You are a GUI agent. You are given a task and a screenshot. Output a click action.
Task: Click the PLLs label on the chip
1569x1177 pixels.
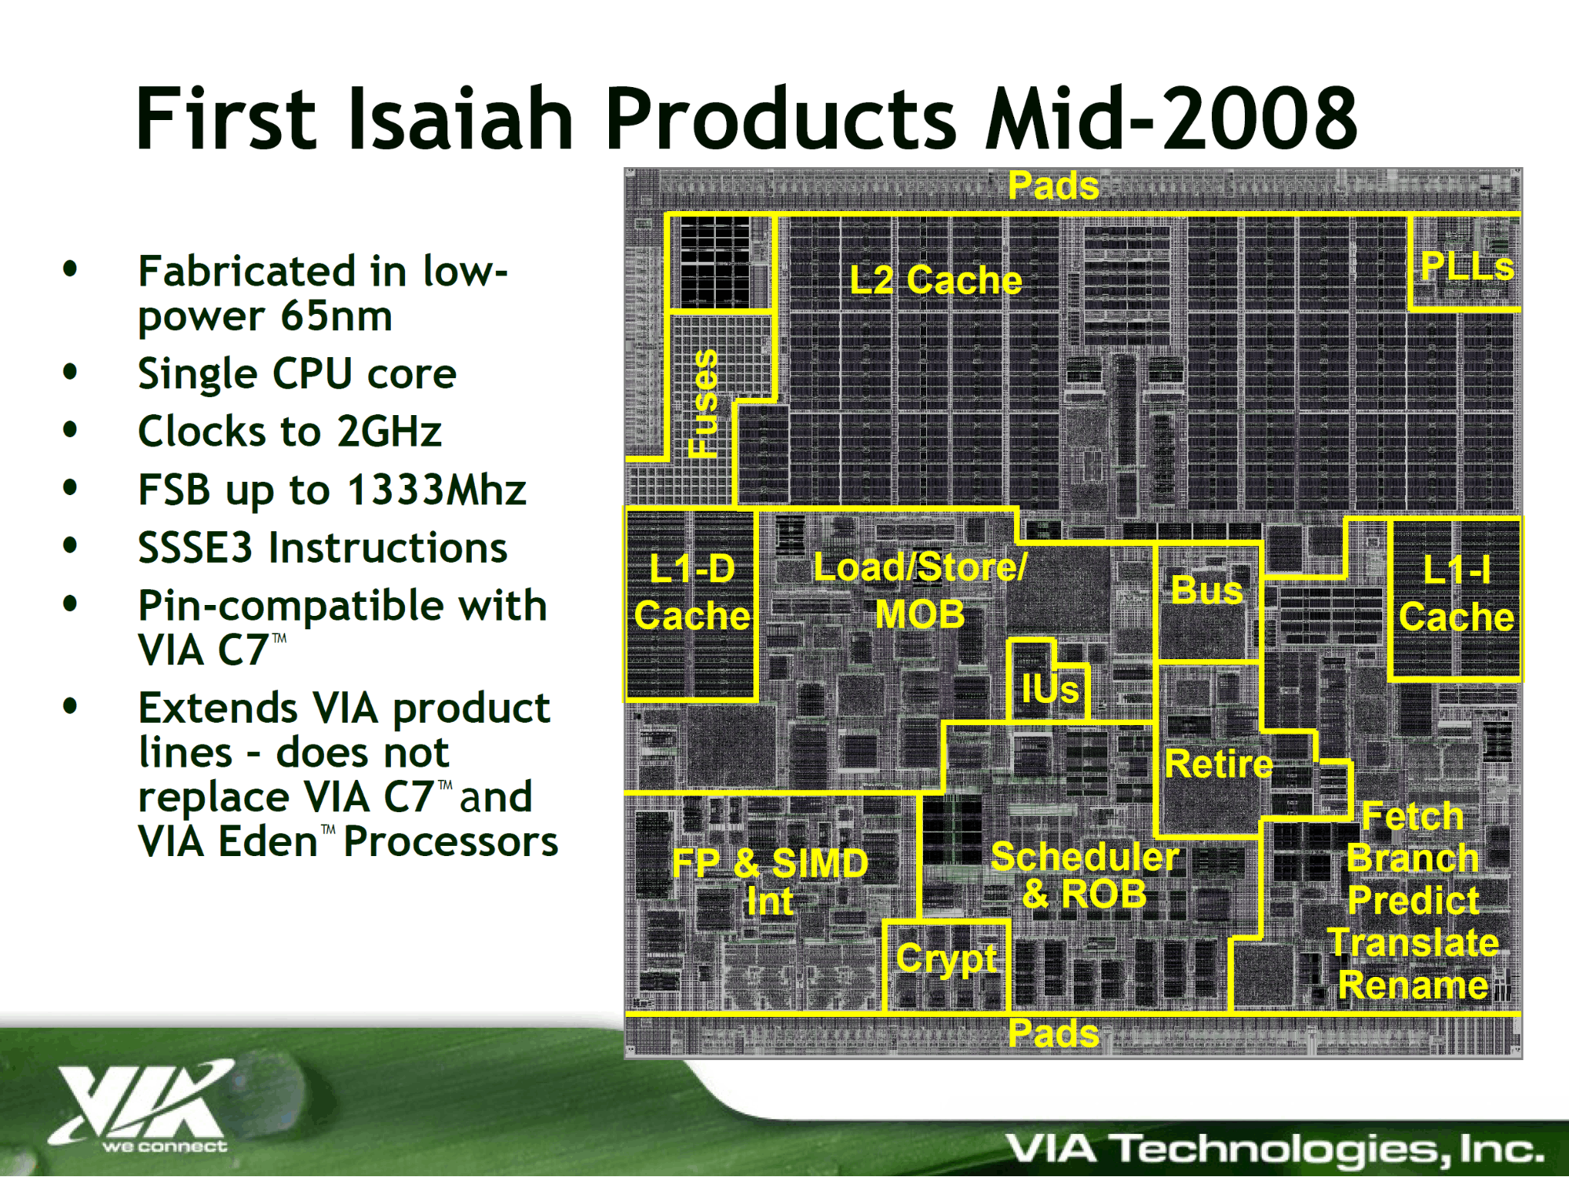[x=1466, y=266]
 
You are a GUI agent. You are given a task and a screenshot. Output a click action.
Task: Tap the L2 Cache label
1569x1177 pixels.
[x=936, y=280]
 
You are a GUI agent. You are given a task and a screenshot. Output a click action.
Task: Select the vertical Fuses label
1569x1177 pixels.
[x=703, y=403]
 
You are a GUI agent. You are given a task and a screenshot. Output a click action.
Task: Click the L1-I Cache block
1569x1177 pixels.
[x=1455, y=599]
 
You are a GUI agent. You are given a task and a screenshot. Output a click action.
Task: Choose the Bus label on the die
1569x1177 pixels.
[x=1206, y=590]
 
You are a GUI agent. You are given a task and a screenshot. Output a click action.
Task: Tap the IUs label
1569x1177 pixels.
[x=1049, y=689]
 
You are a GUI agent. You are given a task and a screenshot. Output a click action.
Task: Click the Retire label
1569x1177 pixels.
[x=1218, y=763]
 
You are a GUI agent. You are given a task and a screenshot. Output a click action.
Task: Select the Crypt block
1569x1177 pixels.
[x=946, y=966]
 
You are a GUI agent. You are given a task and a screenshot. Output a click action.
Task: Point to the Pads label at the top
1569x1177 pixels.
[x=1053, y=186]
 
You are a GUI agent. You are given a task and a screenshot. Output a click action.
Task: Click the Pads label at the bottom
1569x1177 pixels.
[x=1053, y=1033]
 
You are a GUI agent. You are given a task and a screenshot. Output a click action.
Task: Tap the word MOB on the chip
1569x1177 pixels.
[x=920, y=614]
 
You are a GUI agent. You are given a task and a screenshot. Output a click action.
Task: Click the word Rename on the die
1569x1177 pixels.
[x=1413, y=985]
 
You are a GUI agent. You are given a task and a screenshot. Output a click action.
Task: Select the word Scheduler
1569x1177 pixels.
[x=1085, y=856]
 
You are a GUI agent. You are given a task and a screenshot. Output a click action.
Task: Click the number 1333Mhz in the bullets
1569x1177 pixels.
[x=436, y=490]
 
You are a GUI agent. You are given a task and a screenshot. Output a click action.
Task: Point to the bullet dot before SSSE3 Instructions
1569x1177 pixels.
[x=71, y=545]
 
